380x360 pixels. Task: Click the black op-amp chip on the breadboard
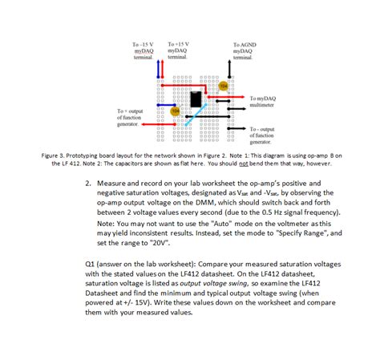coord(195,100)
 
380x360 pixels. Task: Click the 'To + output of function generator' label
coord(131,117)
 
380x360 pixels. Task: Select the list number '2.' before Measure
coord(88,184)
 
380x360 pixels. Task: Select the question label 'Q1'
coord(90,264)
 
